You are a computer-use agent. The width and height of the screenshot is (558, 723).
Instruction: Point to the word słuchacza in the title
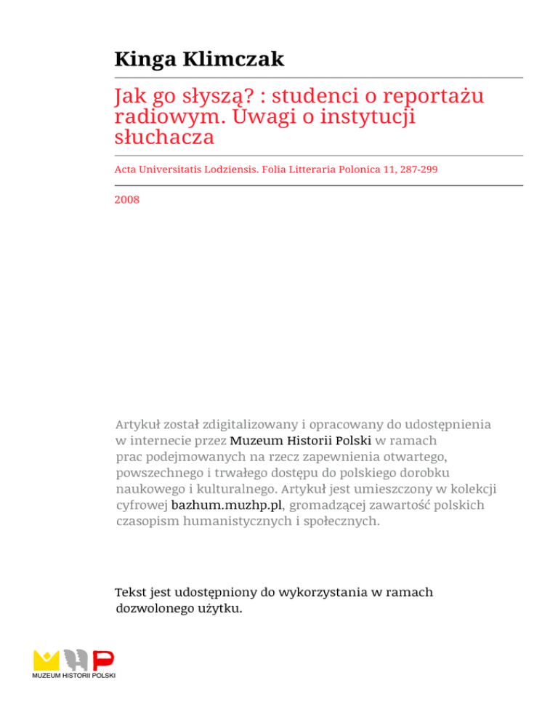tap(162, 136)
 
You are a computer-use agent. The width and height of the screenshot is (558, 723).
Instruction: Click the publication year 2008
tap(126, 197)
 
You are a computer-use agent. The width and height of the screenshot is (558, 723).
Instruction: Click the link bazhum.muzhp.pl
tap(225, 504)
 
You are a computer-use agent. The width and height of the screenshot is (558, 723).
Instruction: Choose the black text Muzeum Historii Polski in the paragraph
tap(300, 440)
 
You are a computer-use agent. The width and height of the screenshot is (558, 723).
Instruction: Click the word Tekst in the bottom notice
tap(132, 592)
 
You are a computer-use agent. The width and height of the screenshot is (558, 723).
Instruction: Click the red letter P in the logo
tap(104, 660)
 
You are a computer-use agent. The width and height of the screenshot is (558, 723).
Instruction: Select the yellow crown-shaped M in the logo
tap(46, 660)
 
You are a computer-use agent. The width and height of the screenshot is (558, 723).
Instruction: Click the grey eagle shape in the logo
tap(76, 660)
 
